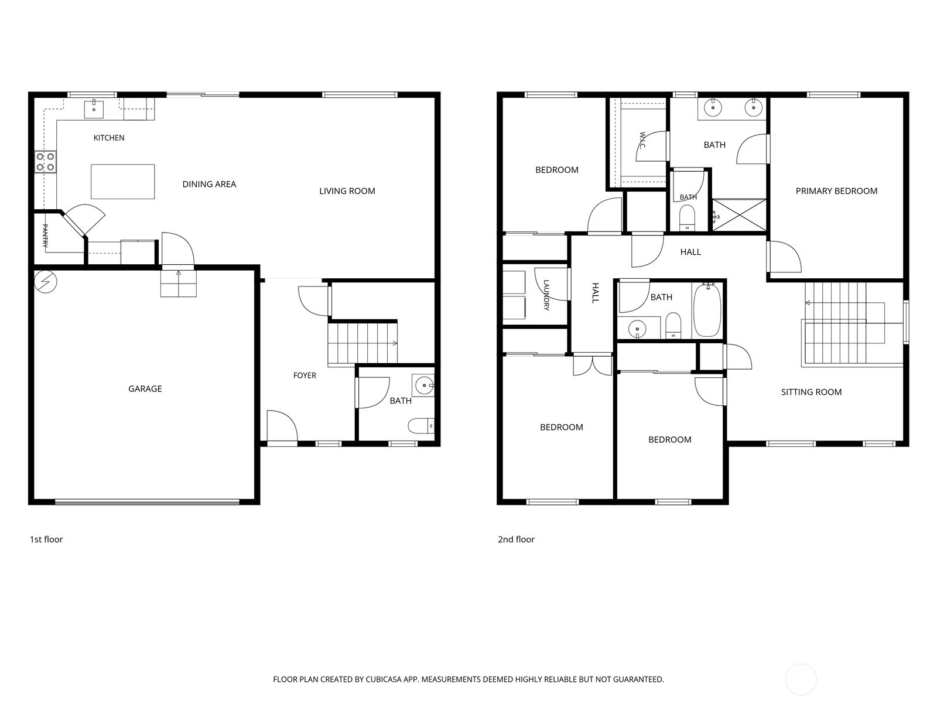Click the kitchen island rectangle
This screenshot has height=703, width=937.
(122, 182)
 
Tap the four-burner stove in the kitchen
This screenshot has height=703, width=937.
(45, 162)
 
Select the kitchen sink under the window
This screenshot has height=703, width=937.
(94, 109)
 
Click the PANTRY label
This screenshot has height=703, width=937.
(45, 236)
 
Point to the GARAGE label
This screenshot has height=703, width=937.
(145, 389)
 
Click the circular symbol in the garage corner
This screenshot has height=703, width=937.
(45, 282)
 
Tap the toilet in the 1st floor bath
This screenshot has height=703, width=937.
(421, 425)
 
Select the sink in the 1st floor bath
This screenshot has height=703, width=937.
(423, 385)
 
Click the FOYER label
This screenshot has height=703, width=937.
(305, 376)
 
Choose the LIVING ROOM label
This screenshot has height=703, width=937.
(347, 191)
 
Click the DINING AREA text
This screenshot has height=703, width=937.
(209, 185)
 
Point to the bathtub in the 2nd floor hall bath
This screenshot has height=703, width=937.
(707, 310)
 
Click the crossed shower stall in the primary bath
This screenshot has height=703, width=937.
(740, 215)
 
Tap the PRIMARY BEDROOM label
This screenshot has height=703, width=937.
(837, 191)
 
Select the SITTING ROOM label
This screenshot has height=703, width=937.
(812, 393)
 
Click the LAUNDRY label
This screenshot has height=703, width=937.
(546, 295)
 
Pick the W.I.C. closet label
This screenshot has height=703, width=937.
(642, 140)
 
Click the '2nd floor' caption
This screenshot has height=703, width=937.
(516, 540)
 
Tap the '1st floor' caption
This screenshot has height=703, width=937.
(46, 540)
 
